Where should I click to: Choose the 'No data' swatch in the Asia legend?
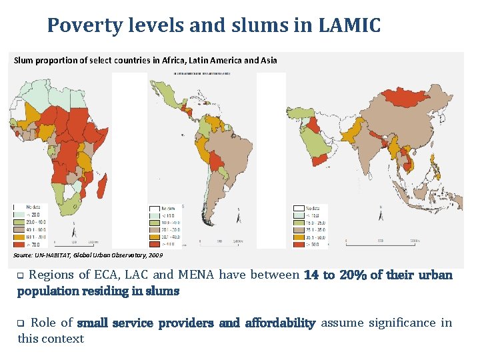[297, 207]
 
